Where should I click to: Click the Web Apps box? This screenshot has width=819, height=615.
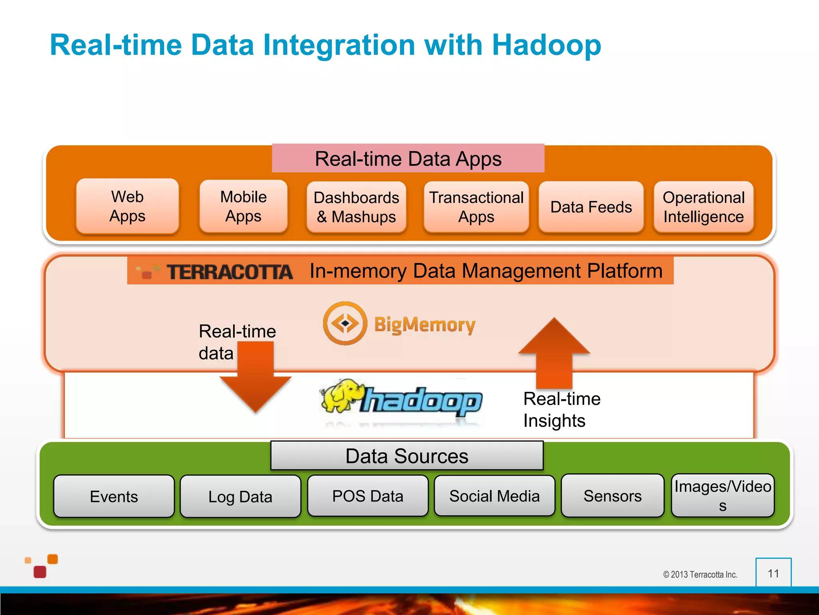pos(127,206)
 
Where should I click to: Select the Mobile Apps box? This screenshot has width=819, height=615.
pos(243,206)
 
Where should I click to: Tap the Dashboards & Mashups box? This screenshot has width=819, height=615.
pos(356,207)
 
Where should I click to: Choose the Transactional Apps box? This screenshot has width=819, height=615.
pos(476,207)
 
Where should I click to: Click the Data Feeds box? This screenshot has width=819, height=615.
pos(591,207)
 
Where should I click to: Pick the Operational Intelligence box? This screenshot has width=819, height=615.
pos(703,207)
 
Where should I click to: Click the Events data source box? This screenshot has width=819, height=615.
pos(114,496)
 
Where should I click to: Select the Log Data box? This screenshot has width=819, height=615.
pos(240,496)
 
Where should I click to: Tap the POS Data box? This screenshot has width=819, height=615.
pos(368,496)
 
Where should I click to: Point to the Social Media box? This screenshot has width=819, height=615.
pos(494,496)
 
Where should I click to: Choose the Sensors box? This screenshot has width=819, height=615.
pos(612,496)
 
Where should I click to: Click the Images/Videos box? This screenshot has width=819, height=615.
pos(723,496)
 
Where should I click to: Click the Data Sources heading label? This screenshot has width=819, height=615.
pos(407,456)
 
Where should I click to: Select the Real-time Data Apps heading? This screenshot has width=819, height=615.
pos(408,159)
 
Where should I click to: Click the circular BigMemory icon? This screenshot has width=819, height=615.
pos(345,323)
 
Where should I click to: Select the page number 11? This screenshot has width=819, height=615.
pos(773,573)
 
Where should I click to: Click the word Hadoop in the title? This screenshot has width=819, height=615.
pos(546,45)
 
